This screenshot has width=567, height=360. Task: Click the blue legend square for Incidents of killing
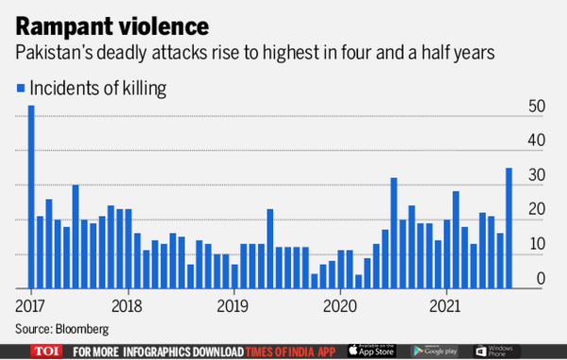click(21, 89)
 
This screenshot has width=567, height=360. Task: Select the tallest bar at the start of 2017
click(31, 197)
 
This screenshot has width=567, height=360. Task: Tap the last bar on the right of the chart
click(509, 228)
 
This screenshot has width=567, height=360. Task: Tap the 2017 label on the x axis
click(30, 306)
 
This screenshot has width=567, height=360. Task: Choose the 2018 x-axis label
click(126, 306)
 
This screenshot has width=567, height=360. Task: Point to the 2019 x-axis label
click(232, 306)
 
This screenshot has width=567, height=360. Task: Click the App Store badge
click(372, 351)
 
